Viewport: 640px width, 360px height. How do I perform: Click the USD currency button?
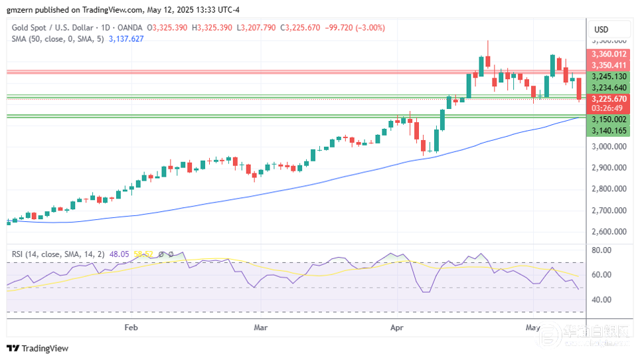coord(601,29)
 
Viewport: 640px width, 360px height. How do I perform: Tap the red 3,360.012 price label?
coord(609,54)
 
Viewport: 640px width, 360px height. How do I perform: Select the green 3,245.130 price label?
coord(609,76)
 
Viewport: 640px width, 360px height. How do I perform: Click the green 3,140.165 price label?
coord(609,131)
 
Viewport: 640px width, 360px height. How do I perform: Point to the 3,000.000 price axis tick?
coord(609,146)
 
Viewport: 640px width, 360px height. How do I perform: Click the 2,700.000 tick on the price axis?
coord(609,211)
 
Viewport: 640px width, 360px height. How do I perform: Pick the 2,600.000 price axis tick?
coord(609,232)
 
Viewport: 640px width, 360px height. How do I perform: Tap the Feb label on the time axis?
coord(131,327)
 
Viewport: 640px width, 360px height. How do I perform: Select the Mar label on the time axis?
coord(261,327)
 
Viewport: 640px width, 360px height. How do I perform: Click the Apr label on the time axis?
coord(397,327)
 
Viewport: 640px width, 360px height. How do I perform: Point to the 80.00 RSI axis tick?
coord(601,250)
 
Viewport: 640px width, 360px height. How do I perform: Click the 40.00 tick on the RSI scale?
coord(601,300)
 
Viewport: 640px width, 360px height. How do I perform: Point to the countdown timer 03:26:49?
coord(606,108)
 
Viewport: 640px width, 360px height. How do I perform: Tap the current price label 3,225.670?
coord(609,99)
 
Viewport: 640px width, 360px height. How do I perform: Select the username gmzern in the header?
coord(19,9)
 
